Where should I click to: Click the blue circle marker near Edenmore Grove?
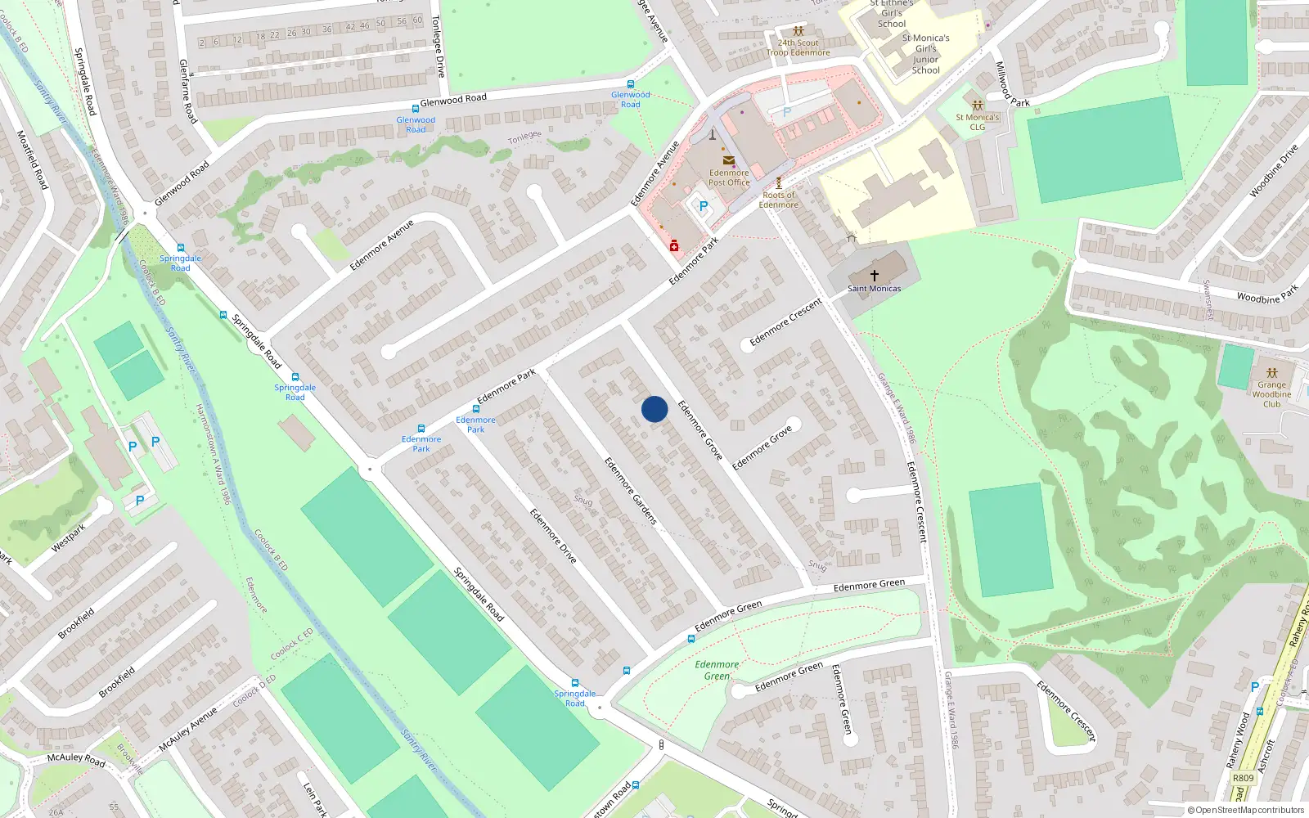point(654,409)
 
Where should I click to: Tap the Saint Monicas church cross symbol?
point(875,276)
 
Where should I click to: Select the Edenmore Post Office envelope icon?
point(728,161)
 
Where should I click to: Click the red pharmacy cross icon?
point(674,246)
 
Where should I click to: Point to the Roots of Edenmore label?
point(778,200)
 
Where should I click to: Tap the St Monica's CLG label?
point(977,122)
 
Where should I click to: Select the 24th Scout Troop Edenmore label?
point(798,47)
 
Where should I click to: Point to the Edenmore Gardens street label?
point(631,491)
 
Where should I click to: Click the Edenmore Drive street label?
point(553,536)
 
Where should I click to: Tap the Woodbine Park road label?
point(1267,294)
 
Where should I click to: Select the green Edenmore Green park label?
point(717,670)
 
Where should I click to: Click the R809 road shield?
point(1243,778)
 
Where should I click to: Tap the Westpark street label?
point(69,537)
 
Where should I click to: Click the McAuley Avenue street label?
point(190,729)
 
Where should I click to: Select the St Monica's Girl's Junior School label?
point(925,54)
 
